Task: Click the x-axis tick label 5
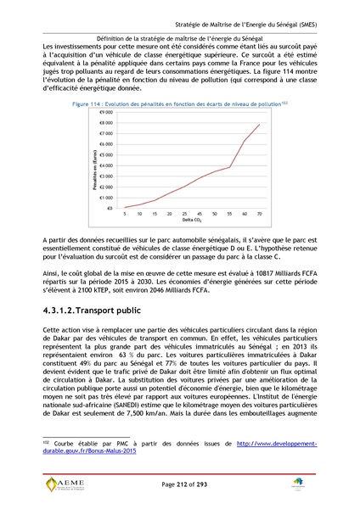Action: coord(125,214)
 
